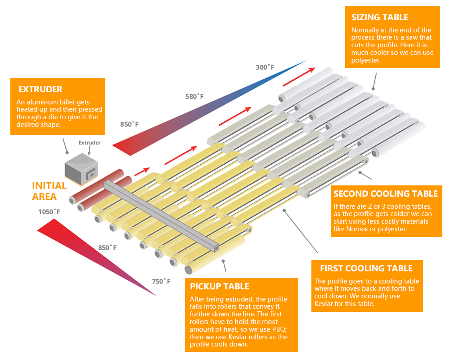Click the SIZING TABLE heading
coord(380,18)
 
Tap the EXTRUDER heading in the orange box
coord(40,89)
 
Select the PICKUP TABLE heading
coord(220,286)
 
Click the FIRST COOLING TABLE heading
coord(366,269)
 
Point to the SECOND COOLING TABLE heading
coord(386,194)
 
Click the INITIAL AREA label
coord(49,191)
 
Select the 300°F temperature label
coord(265,67)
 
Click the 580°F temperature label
coord(194,96)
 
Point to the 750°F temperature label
coord(161,281)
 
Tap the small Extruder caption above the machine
coord(90,143)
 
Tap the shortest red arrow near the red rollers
coord(141,171)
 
